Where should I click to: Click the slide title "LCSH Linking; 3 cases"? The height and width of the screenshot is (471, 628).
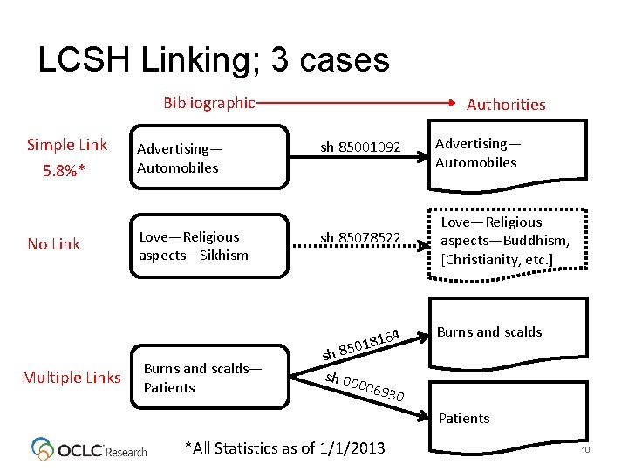pos(214,59)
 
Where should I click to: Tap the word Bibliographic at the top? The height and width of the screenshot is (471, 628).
pos(209,103)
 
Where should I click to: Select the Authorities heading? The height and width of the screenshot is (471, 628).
pos(506,105)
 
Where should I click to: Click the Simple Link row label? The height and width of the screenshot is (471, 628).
pos(67,145)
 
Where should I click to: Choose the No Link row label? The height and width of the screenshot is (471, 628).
pos(54,244)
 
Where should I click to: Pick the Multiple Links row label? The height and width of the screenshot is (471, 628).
pos(72,377)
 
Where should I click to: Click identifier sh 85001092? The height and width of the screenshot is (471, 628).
pos(360,147)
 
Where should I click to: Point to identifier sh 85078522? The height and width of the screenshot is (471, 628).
pos(360,237)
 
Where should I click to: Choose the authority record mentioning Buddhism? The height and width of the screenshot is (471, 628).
pos(495,241)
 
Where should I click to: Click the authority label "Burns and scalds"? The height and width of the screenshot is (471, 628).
pos(489,331)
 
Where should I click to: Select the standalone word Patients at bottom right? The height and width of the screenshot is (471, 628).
pos(464,418)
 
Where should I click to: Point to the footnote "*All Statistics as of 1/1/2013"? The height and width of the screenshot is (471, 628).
pos(285,448)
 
